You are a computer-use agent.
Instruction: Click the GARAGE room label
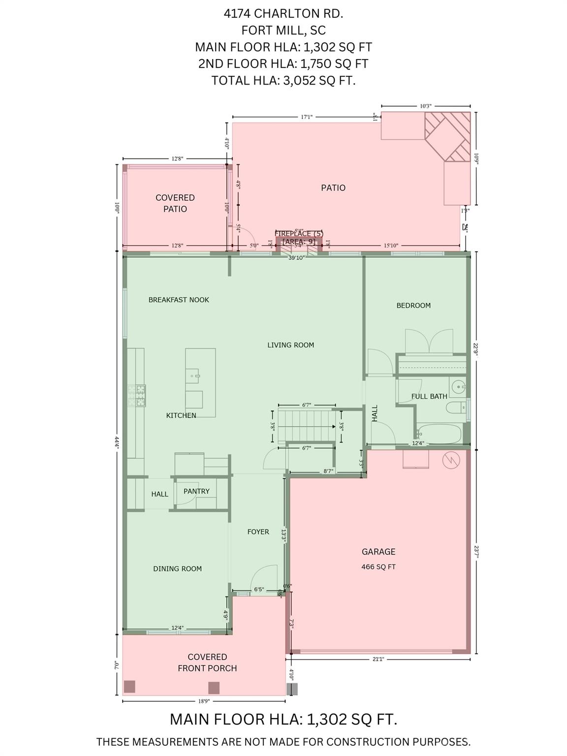[x=378, y=552]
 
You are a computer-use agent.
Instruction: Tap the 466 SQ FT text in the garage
[x=378, y=567]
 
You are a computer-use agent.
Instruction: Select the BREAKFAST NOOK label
[x=179, y=300]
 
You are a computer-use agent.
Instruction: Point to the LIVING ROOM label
[x=290, y=345]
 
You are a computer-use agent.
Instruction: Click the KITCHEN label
[x=181, y=415]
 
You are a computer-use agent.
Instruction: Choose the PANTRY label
[x=196, y=491]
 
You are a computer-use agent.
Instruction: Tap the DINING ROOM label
[x=177, y=568]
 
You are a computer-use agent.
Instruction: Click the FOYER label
[x=258, y=532]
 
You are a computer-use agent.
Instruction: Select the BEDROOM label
[x=413, y=306]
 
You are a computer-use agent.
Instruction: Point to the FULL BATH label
[x=429, y=396]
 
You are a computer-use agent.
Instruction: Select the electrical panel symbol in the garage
[x=450, y=461]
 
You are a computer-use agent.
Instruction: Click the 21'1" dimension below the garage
[x=378, y=659]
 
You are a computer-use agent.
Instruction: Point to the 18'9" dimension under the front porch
[x=203, y=701]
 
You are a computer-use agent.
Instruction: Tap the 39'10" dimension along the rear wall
[x=296, y=257]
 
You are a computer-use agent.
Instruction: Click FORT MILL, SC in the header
[x=283, y=31]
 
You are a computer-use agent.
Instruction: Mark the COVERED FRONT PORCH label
[x=207, y=662]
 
